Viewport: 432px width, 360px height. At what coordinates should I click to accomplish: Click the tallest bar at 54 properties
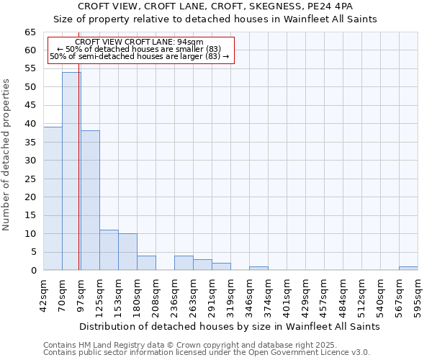[71, 171]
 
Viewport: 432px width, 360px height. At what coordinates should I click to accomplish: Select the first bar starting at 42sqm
[53, 199]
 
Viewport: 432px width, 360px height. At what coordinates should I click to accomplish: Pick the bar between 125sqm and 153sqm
[109, 250]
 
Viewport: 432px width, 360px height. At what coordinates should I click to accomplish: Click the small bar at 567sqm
[408, 268]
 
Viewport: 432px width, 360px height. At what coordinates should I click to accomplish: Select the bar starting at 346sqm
[258, 268]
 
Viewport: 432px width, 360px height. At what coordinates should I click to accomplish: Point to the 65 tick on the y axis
[30, 32]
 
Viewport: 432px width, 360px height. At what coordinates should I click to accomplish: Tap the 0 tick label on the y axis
[33, 271]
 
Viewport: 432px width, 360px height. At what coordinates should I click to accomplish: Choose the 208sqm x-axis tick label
[156, 293]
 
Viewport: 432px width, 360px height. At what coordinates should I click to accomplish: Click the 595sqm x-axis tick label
[418, 293]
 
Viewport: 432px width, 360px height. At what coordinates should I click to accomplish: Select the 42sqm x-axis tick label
[43, 293]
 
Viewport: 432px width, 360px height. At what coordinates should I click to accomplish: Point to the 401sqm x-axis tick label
[287, 293]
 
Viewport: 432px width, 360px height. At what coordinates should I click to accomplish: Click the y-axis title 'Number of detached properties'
[7, 155]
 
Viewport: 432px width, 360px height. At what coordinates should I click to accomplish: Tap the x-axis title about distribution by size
[229, 326]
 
